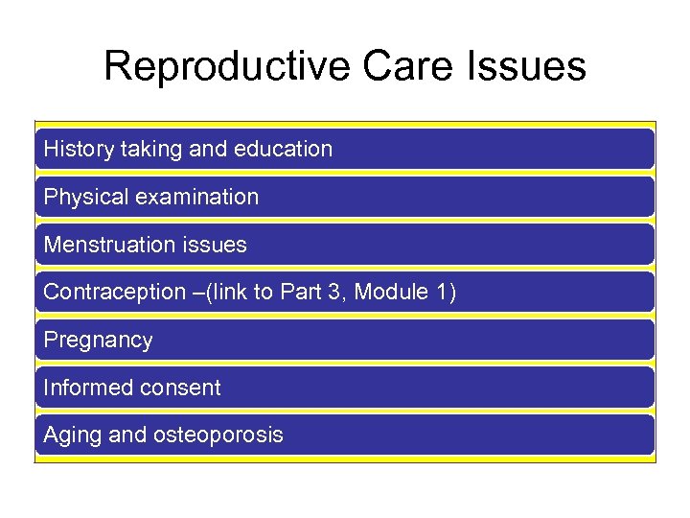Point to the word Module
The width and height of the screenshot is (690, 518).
click(x=391, y=293)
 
